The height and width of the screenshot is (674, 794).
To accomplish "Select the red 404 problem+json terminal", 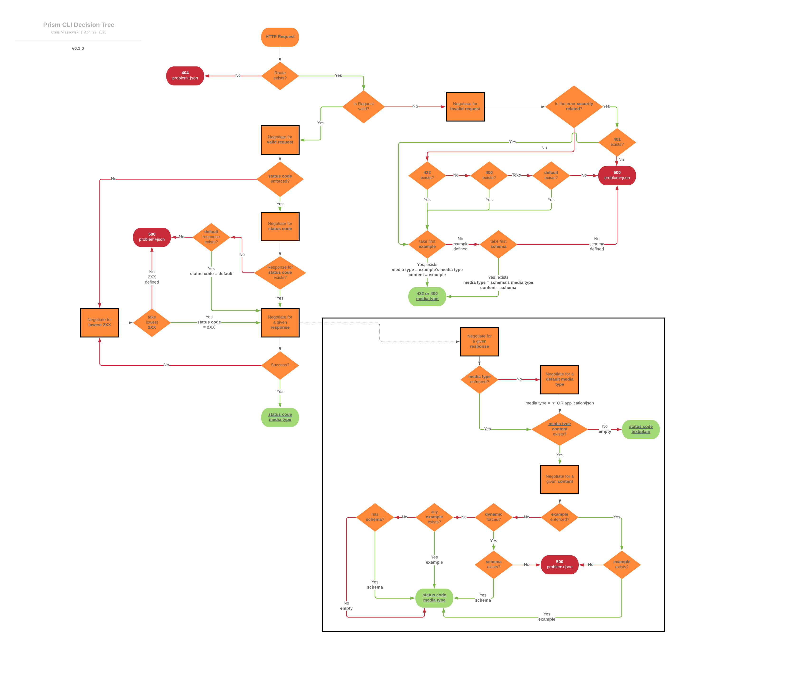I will click(x=185, y=76).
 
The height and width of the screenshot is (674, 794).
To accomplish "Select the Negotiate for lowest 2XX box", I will click(x=99, y=323).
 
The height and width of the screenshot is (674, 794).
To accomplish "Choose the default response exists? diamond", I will click(x=211, y=237).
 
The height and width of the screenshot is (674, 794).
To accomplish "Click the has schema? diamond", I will click(x=375, y=517).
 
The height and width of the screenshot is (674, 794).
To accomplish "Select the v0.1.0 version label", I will click(x=78, y=48).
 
